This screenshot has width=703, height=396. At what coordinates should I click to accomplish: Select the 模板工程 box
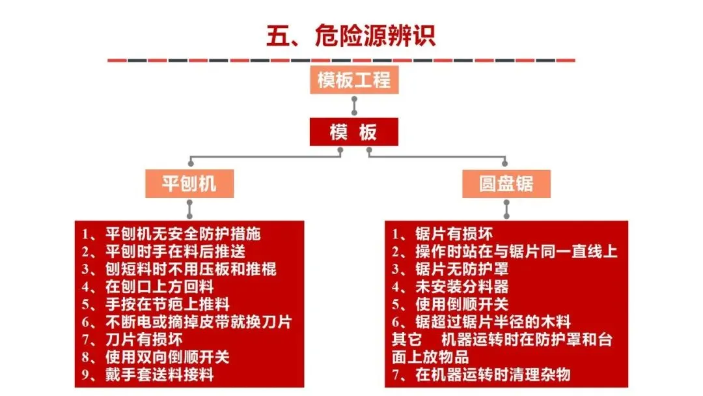[x=353, y=81]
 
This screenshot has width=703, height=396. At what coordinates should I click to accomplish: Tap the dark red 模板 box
[x=353, y=133]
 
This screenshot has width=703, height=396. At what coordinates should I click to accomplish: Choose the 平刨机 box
[x=189, y=184]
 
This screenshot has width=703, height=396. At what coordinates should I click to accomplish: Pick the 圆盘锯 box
[x=506, y=184]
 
